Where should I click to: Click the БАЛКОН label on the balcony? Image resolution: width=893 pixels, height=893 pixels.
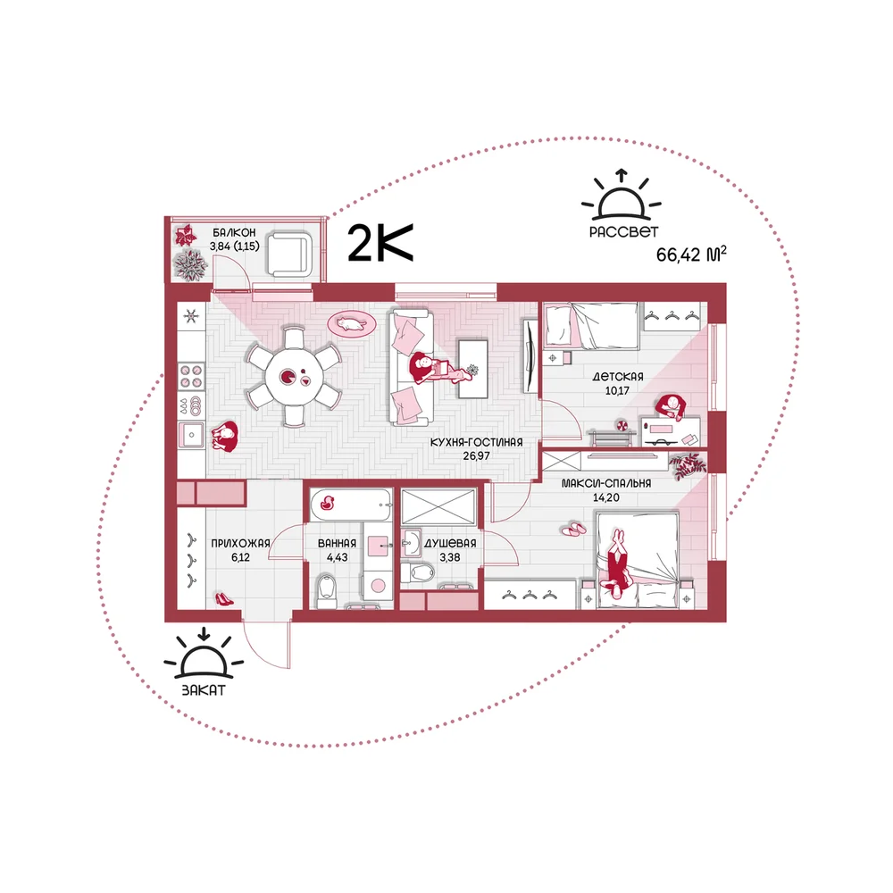[234, 232]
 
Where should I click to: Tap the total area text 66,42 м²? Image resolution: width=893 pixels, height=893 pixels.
[691, 254]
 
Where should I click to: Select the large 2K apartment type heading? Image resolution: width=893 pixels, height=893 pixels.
[380, 243]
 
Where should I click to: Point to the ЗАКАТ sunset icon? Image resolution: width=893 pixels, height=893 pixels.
[204, 654]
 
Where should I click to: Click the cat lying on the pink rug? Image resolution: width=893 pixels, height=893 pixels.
[351, 324]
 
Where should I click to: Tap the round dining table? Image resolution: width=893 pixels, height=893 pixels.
[294, 377]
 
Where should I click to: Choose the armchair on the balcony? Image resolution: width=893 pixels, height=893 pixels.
[290, 254]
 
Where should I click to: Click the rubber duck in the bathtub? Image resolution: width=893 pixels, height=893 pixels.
[327, 502]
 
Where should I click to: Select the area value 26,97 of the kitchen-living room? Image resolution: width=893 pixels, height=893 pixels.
[476, 455]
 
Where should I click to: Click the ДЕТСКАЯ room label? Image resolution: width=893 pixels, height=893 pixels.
[618, 377]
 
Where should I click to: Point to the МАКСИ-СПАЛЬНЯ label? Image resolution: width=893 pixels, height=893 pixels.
[606, 483]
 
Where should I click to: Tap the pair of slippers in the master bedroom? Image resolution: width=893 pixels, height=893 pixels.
[573, 530]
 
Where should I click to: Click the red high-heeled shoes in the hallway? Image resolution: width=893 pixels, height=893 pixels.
[224, 598]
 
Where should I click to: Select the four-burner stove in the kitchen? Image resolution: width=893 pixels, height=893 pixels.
[191, 376]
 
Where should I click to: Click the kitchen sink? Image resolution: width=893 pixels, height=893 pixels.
[191, 436]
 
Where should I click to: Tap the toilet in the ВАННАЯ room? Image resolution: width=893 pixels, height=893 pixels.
[327, 588]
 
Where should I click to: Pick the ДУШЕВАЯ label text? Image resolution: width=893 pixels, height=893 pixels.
[450, 543]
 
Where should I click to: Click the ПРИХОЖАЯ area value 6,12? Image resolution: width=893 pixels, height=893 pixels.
[240, 557]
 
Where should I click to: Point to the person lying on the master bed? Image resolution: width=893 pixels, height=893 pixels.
[617, 563]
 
